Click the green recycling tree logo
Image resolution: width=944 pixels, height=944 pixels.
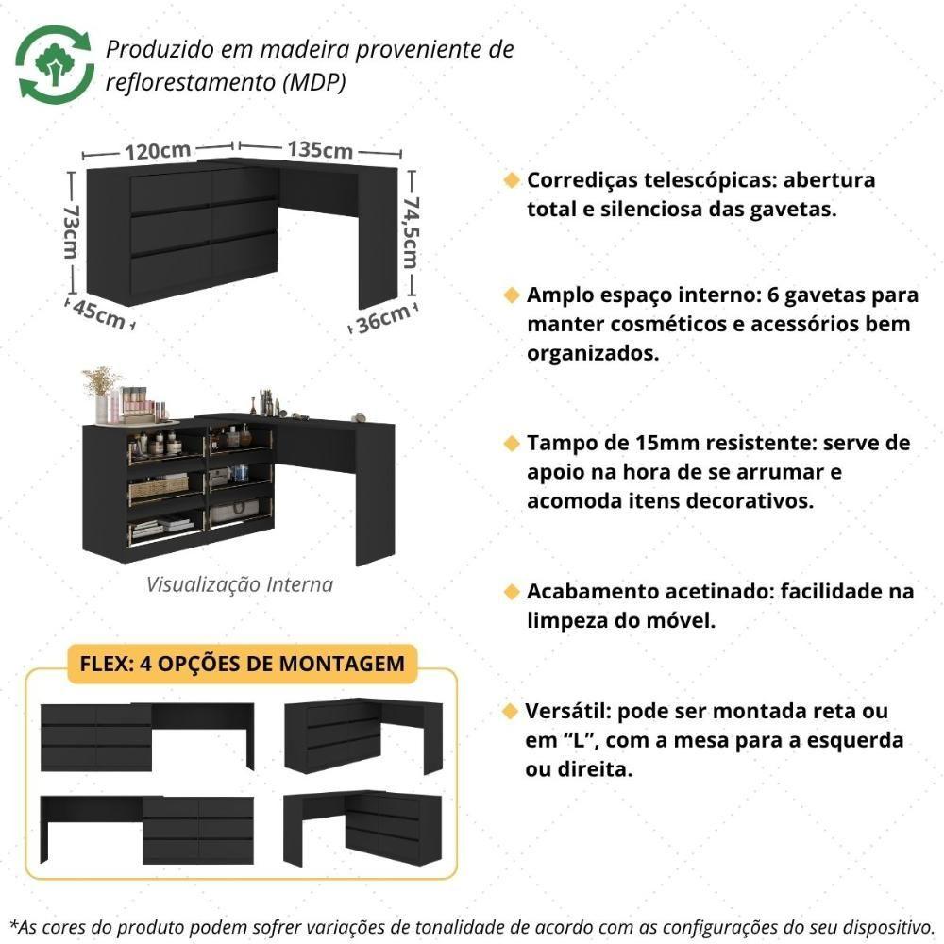55,64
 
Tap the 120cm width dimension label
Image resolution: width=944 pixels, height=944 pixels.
158,150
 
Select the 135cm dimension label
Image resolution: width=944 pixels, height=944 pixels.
320,149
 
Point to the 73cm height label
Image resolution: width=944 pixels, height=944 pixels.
71,232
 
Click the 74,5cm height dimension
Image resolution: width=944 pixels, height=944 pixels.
411,232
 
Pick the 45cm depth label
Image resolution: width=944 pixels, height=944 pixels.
99,313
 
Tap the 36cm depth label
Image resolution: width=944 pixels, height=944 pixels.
383,319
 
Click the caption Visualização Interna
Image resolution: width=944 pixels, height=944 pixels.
240,584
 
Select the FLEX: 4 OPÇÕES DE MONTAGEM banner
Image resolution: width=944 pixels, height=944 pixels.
242,664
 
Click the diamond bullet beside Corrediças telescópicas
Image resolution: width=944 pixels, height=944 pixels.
512,180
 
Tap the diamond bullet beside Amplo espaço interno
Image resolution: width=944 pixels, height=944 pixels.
512,295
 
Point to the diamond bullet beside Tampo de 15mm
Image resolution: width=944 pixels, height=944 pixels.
512,443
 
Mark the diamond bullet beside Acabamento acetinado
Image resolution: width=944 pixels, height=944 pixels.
512,592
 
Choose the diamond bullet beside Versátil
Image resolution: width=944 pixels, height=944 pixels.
511,711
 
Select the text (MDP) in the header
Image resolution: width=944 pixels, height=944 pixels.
315,82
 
